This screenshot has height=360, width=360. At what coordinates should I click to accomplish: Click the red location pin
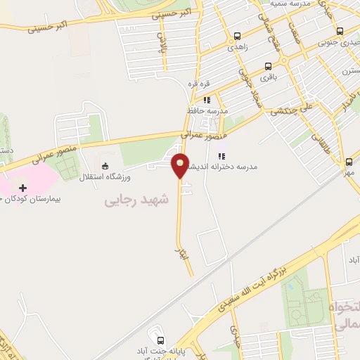181,165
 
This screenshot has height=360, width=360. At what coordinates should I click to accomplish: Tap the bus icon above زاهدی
237,37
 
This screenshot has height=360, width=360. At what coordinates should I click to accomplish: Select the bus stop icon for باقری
267,67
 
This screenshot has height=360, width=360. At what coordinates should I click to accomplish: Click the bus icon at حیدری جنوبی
340,31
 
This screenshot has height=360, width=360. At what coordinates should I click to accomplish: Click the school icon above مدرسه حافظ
207,101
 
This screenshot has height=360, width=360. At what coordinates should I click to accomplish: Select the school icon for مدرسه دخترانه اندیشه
221,156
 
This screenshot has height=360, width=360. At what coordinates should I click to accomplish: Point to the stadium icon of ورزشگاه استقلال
105,166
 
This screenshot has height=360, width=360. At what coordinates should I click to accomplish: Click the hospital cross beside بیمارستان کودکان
23,188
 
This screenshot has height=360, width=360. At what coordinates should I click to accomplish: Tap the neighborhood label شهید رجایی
137,200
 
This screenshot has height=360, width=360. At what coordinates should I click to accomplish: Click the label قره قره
198,83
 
